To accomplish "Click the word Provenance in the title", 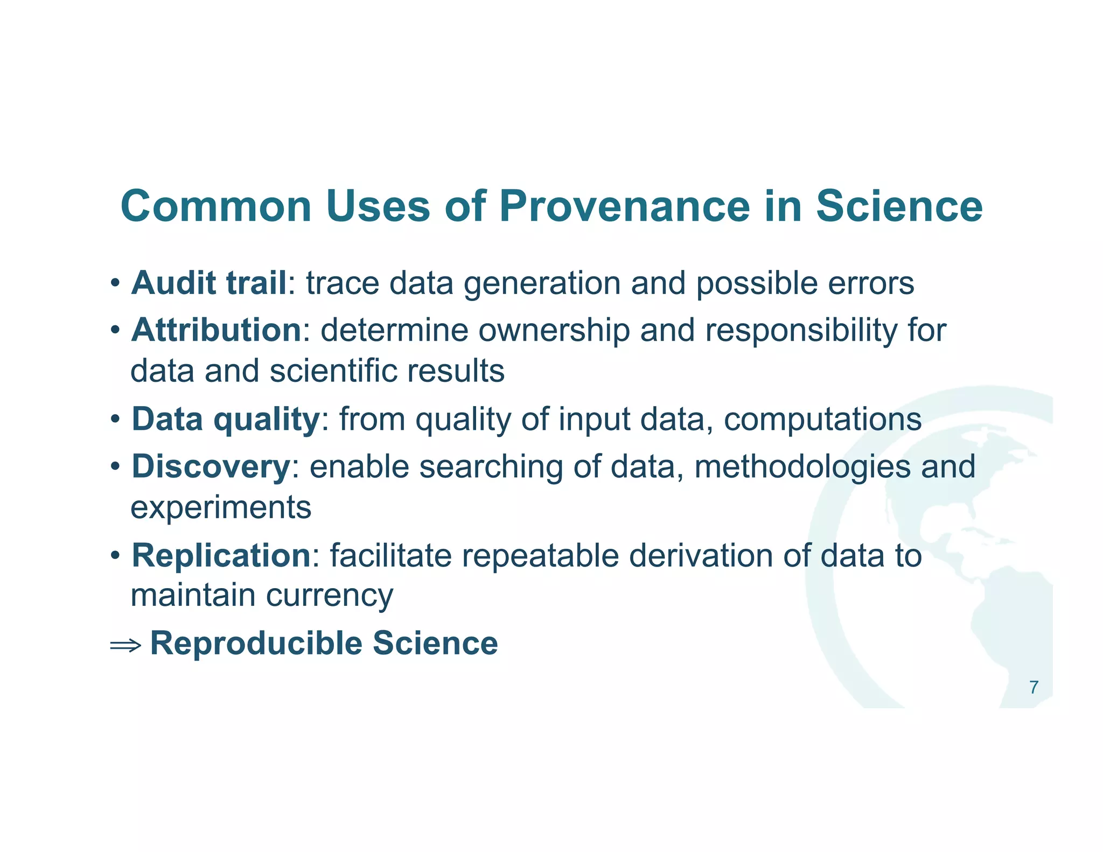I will [x=624, y=206].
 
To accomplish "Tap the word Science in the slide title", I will [x=899, y=206].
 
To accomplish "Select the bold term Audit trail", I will [x=209, y=283].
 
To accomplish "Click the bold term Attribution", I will [x=216, y=330].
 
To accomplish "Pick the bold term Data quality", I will [x=226, y=419].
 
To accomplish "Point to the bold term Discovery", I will [x=211, y=466].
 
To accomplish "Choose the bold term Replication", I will [x=221, y=555].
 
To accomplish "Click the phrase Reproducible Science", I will [x=324, y=643].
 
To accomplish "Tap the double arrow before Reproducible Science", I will [x=125, y=645].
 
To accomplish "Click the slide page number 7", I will [x=1034, y=688].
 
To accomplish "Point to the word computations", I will [x=822, y=420].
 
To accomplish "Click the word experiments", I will [x=221, y=508].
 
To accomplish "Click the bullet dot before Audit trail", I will [x=115, y=284].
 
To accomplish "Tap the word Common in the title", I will [x=216, y=206].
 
